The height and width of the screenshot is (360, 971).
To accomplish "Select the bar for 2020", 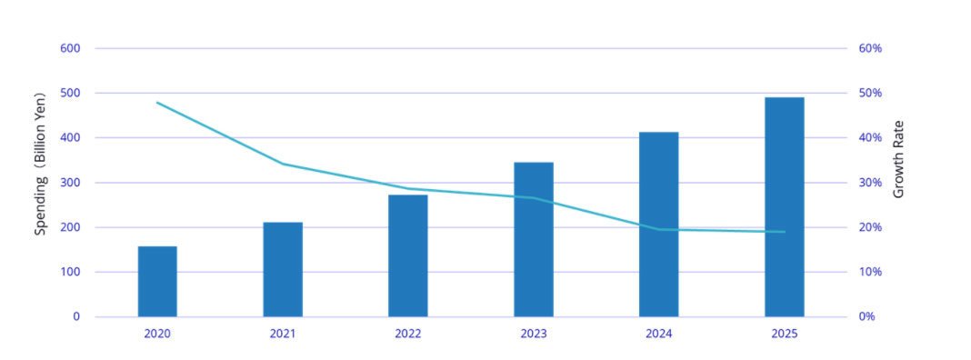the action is click(x=157, y=281).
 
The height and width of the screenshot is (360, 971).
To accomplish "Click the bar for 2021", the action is click(x=283, y=269).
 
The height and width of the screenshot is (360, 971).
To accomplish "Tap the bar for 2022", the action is click(x=408, y=255).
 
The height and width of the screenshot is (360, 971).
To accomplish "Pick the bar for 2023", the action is click(x=534, y=239).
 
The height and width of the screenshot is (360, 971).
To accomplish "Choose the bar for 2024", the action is click(x=659, y=225).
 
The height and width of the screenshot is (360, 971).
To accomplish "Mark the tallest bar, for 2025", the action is click(x=785, y=207).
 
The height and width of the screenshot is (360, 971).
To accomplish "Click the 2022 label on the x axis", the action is click(x=408, y=334).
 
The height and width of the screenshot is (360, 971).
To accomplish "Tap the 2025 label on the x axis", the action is click(x=785, y=334).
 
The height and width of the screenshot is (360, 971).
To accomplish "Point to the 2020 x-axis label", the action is click(x=157, y=334).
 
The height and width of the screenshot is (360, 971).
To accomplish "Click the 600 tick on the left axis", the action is click(x=70, y=48).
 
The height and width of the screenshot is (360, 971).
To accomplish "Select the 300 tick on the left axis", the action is click(x=70, y=183).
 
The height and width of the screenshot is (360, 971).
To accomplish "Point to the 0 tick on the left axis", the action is click(x=76, y=316).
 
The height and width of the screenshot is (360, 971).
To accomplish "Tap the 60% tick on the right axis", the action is click(x=870, y=48).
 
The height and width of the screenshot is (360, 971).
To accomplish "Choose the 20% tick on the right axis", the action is click(x=870, y=227).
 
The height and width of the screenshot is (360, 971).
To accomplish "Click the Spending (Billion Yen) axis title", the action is click(x=40, y=164).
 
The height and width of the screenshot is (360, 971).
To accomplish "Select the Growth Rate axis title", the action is click(x=898, y=158).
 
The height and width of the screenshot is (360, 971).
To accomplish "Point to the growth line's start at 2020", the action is click(x=157, y=102).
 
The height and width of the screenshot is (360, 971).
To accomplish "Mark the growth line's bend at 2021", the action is click(x=283, y=165).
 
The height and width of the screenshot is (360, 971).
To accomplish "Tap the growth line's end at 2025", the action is click(x=785, y=232).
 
